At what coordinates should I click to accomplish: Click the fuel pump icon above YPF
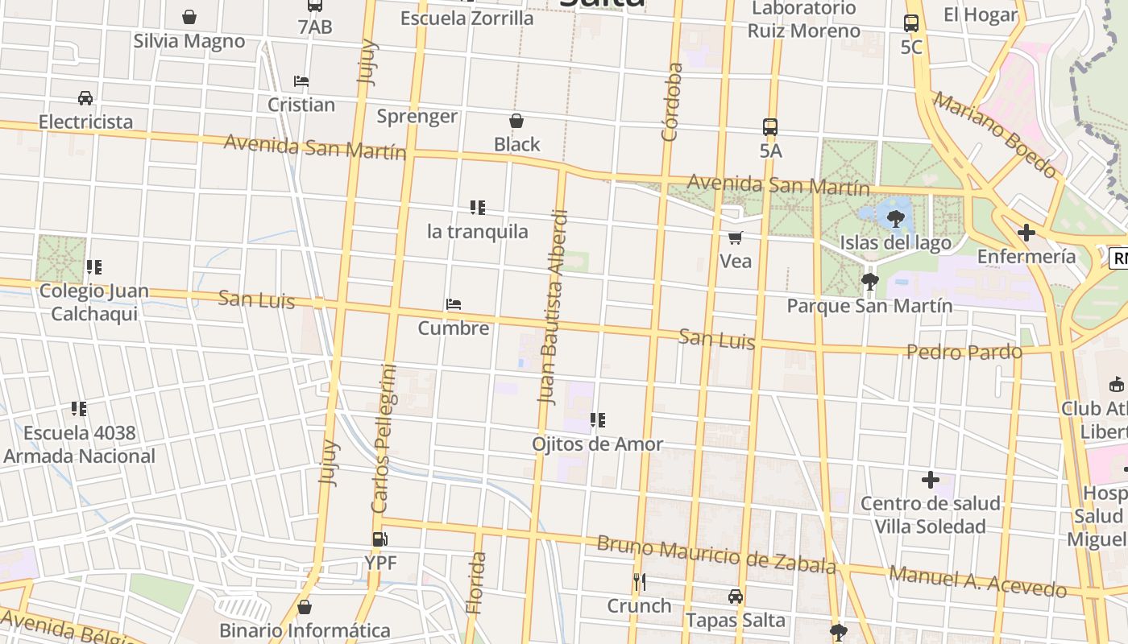point(379,539)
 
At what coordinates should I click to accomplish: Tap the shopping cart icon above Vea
point(735,237)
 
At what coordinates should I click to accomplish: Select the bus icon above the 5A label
point(770,127)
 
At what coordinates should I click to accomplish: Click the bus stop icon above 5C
point(911,23)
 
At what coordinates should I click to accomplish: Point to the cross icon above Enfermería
point(1026,233)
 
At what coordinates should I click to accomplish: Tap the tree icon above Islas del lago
point(895,218)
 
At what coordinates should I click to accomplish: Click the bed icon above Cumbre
point(454,305)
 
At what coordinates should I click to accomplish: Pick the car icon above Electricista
point(85,98)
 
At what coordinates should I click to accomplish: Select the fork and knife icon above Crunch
point(639,581)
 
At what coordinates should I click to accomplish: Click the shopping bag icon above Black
point(516,122)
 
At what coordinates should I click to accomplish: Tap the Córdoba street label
point(671,102)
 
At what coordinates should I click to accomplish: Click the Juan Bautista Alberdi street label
point(554,306)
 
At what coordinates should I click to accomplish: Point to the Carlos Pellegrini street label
point(384,439)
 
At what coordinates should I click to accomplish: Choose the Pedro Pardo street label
point(964,352)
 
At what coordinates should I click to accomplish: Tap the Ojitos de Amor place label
point(597,444)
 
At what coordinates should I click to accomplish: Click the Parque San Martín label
point(869,306)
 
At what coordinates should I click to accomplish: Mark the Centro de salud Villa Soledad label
point(930,514)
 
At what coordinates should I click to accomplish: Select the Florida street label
point(476,583)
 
